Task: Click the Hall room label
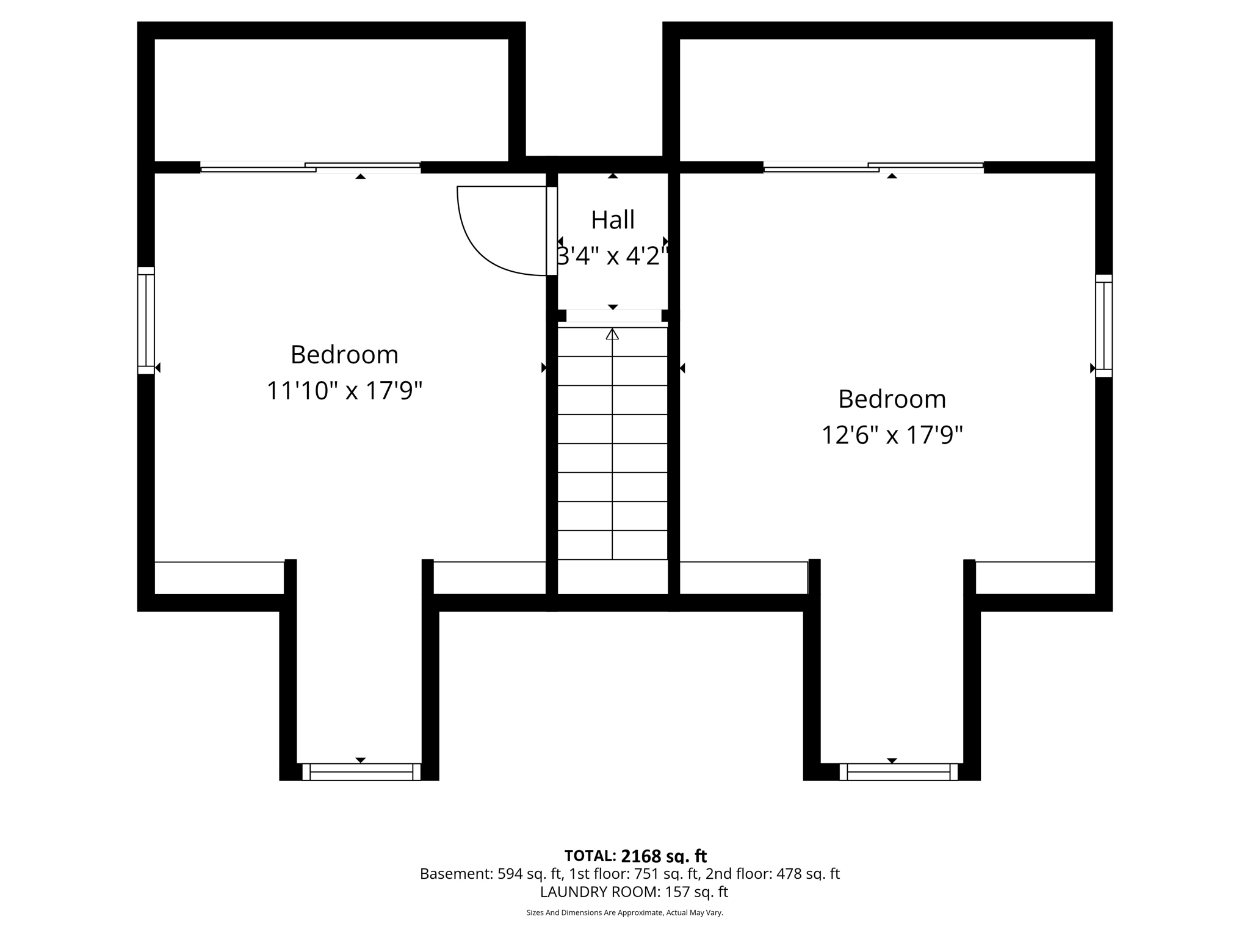[613, 220]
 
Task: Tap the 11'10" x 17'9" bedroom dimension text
[344, 391]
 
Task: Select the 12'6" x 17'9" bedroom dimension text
[892, 435]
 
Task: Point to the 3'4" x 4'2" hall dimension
[613, 256]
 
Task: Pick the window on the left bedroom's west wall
[146, 320]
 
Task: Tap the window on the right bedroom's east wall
[1104, 325]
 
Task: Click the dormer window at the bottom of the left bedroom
[361, 771]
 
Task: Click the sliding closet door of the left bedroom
[310, 167]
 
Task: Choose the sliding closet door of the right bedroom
[873, 167]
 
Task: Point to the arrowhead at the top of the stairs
[612, 334]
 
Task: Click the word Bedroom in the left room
[344, 355]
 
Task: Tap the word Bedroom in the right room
[892, 399]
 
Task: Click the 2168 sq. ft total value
[663, 856]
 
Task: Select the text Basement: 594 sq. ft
[491, 874]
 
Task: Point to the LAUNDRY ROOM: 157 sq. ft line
[634, 892]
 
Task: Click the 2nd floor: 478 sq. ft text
[772, 874]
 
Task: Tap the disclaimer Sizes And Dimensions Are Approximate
[624, 912]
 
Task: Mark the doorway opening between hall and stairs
[613, 316]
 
